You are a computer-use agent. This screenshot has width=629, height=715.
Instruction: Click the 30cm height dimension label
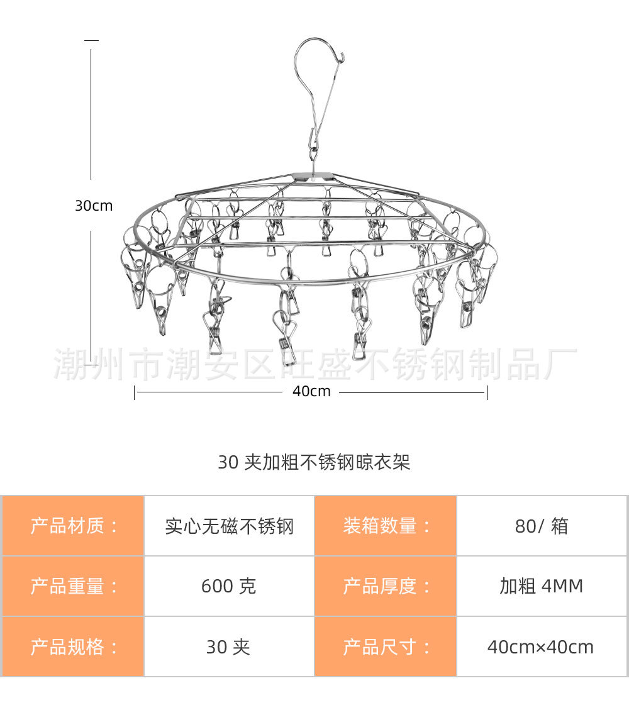[94, 206]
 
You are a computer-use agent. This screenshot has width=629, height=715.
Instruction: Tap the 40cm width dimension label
[311, 391]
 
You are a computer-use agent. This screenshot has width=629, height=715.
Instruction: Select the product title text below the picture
[314, 462]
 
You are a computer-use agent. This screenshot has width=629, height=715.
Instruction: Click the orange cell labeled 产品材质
[73, 526]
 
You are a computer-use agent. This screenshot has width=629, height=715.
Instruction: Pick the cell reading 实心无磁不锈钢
[229, 526]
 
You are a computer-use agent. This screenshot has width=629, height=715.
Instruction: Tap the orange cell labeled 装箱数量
[386, 526]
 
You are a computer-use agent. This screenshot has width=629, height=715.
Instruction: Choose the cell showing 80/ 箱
[541, 526]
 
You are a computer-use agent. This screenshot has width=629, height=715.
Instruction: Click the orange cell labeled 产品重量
[73, 586]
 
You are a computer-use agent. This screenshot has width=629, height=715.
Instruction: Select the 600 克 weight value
[229, 586]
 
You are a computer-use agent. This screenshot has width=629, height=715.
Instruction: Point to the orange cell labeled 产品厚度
[386, 586]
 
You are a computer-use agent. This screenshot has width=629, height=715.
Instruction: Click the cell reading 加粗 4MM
[541, 586]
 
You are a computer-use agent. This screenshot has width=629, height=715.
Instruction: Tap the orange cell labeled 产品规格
[73, 646]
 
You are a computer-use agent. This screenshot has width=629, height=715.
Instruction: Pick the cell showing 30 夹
[229, 646]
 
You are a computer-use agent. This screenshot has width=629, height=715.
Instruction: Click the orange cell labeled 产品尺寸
[386, 646]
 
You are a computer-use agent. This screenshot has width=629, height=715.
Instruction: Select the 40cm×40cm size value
[541, 646]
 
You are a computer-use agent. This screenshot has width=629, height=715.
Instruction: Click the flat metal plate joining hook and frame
[313, 176]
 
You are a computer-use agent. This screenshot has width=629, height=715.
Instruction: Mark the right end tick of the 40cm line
[487, 392]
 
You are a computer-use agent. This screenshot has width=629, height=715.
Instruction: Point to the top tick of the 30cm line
[91, 40]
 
